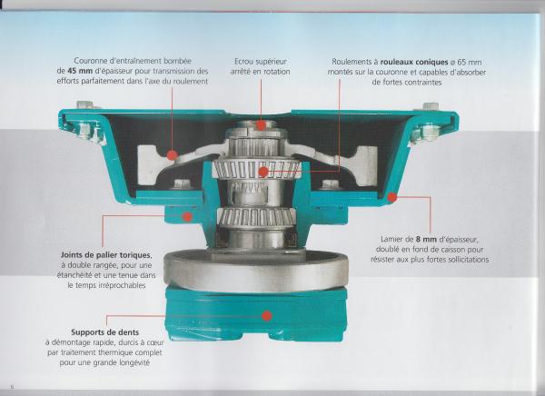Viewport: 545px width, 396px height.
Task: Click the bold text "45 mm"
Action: [x=80, y=71]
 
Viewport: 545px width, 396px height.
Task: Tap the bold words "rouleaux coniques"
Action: [x=414, y=62]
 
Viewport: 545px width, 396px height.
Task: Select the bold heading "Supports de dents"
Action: [x=105, y=332]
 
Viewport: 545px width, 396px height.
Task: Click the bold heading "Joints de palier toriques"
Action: [x=105, y=255]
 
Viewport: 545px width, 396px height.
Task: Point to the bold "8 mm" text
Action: [x=426, y=239]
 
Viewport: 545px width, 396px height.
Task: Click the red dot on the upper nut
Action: [x=261, y=125]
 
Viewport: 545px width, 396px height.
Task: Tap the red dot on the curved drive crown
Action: [x=172, y=154]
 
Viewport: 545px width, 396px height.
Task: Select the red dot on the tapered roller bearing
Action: [x=263, y=172]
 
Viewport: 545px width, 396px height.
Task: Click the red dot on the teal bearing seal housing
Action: [x=187, y=217]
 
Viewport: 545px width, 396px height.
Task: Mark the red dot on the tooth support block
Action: [x=266, y=316]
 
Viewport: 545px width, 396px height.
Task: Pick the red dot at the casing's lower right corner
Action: [x=392, y=197]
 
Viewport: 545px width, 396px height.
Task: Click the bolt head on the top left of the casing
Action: [x=84, y=104]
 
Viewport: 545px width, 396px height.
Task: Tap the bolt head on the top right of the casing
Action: [x=431, y=106]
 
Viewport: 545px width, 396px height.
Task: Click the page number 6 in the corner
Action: [x=12, y=387]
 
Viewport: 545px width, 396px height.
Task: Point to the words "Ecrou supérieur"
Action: [x=261, y=62]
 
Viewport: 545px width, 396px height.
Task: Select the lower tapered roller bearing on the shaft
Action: [x=257, y=216]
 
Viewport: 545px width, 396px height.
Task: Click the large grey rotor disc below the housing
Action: [x=256, y=271]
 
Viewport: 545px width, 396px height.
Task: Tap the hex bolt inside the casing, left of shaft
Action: [x=183, y=183]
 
